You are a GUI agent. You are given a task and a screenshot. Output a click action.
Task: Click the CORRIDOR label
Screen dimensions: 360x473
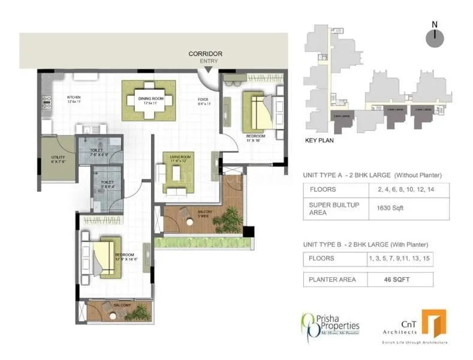tap(205, 53)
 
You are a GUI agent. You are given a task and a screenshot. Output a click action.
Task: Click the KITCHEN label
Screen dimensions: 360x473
tap(74, 97)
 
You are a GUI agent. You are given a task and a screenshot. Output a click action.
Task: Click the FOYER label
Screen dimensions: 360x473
tap(204, 100)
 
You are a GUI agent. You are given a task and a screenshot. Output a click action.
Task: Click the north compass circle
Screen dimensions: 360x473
tap(434, 38)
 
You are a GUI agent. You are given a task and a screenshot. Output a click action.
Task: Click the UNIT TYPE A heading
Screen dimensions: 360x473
tap(372, 175)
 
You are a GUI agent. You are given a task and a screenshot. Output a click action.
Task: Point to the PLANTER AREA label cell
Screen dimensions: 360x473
tap(333, 279)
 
